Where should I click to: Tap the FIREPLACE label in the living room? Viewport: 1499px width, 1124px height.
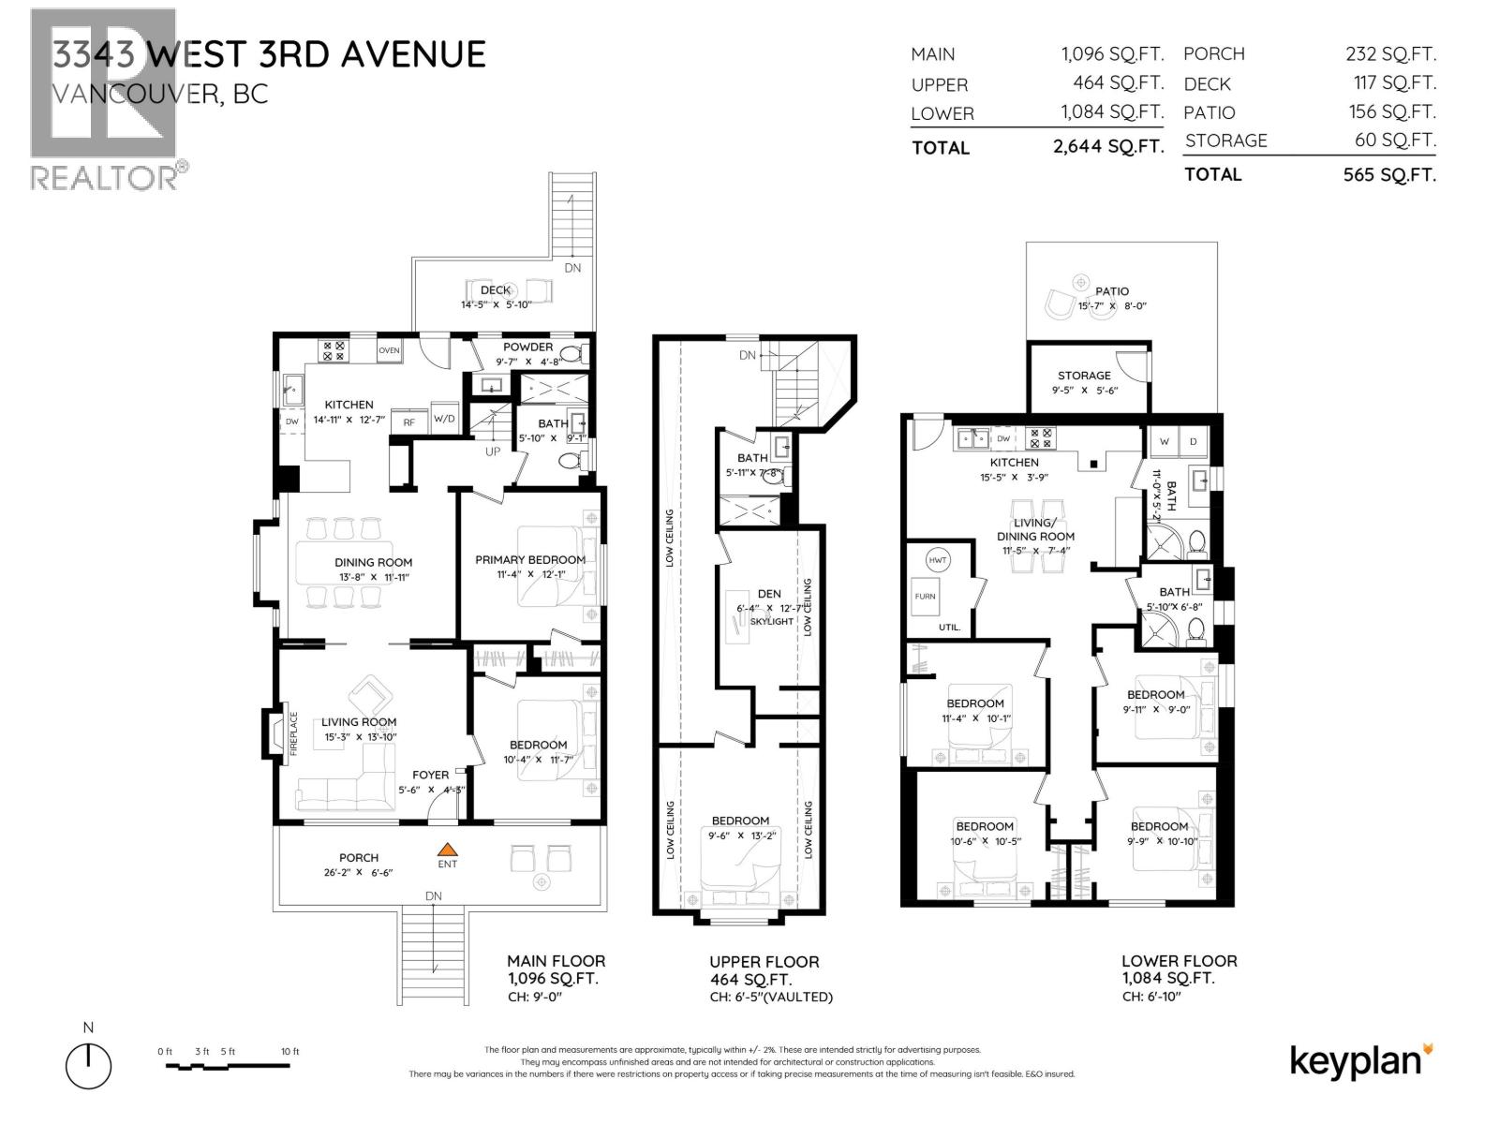(x=293, y=733)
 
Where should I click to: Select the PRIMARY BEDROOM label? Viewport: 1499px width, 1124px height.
(x=529, y=559)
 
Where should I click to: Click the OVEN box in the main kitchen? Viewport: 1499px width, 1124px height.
(x=389, y=350)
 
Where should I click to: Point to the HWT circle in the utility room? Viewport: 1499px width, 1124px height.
(x=937, y=559)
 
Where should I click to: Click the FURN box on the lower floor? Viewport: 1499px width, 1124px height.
(x=925, y=596)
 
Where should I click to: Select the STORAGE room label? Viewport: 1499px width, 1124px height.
(x=1084, y=375)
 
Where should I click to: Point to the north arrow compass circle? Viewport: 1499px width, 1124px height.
(x=88, y=1066)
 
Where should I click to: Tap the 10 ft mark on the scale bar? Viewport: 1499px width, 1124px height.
(x=290, y=1052)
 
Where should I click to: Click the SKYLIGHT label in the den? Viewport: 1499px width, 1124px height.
(x=771, y=621)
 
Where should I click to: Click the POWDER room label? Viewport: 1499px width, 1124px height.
(x=527, y=347)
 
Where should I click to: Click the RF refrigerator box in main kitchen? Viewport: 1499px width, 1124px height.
(x=408, y=422)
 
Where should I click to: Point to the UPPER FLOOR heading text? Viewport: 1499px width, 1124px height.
(x=764, y=961)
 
